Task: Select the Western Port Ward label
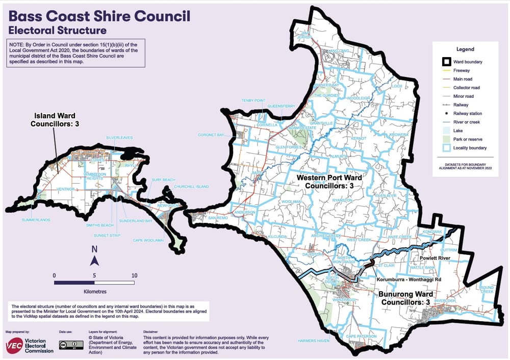pos(329,182)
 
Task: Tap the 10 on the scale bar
pos(135,275)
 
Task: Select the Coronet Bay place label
pos(212,135)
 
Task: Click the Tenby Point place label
pos(253,100)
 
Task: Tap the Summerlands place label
pos(34,220)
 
